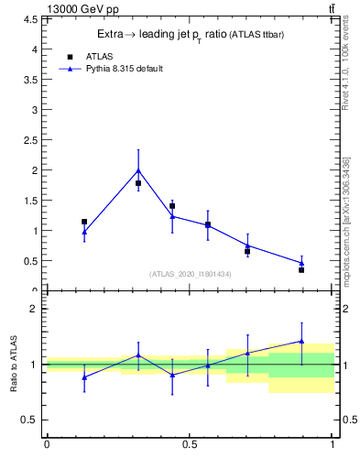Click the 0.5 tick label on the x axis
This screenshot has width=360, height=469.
coord(190,446)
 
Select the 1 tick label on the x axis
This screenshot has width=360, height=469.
coord(333,446)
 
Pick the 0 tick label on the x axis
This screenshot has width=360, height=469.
coord(47,446)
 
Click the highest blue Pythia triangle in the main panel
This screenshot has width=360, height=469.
coord(138,170)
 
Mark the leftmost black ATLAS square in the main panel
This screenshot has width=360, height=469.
coord(84,222)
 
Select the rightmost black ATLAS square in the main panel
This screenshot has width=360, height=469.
coord(301,270)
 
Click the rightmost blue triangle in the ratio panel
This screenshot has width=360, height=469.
coord(301,341)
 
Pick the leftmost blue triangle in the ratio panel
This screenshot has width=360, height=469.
coord(84,376)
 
